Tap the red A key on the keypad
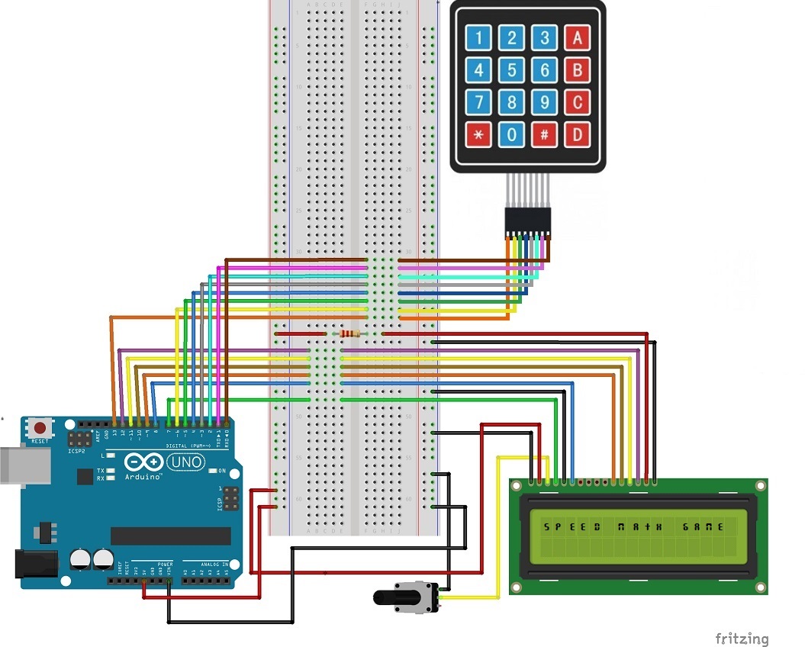click(x=577, y=37)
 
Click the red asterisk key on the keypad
click(x=479, y=135)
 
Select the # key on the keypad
click(x=545, y=135)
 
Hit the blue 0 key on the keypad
click(x=512, y=135)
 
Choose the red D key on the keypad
click(x=577, y=135)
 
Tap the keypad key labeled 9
click(x=545, y=102)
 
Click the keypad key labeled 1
click(x=479, y=37)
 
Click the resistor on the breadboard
click(x=350, y=333)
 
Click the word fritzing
click(x=742, y=638)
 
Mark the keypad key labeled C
click(x=577, y=102)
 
